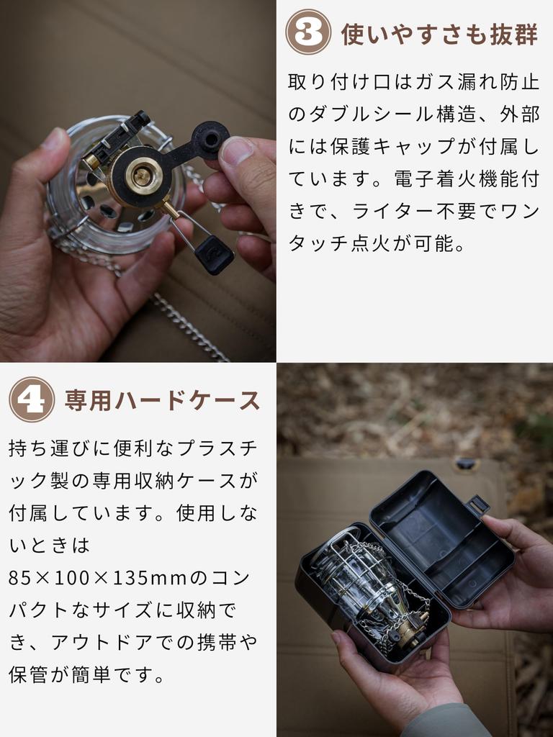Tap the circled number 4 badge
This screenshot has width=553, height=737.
click(32, 399)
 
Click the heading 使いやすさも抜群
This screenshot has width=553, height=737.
click(439, 33)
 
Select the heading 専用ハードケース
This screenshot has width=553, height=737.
click(163, 400)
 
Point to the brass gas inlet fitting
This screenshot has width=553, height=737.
click(144, 175)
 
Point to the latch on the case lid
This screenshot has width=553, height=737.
click(477, 504)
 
